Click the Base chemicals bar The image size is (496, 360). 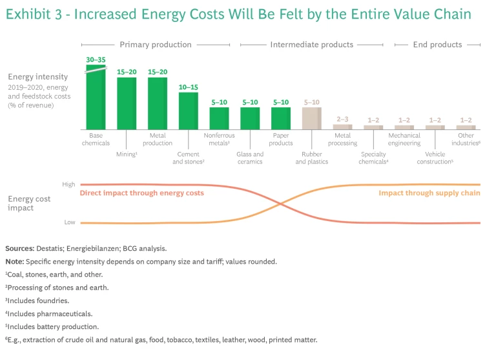click(x=96, y=97)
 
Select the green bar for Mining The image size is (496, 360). click(x=127, y=103)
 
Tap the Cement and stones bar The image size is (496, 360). click(x=188, y=111)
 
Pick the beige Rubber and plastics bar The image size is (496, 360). click(x=311, y=118)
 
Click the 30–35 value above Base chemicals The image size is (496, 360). click(x=96, y=59)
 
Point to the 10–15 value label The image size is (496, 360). click(x=188, y=87)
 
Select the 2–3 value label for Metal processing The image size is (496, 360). click(x=342, y=119)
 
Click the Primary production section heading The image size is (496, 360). click(x=156, y=45)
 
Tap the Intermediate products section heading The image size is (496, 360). click(x=311, y=45)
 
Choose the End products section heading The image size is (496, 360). click(x=437, y=45)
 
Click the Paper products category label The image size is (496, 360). click(x=281, y=140)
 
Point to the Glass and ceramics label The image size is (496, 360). click(x=250, y=158)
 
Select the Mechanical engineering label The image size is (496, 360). click(x=404, y=140)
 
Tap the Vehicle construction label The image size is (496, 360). click(x=435, y=158)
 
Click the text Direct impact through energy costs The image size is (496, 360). click(x=141, y=193)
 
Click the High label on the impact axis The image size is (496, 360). click(x=68, y=184)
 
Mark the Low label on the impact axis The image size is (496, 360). click(x=69, y=222)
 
